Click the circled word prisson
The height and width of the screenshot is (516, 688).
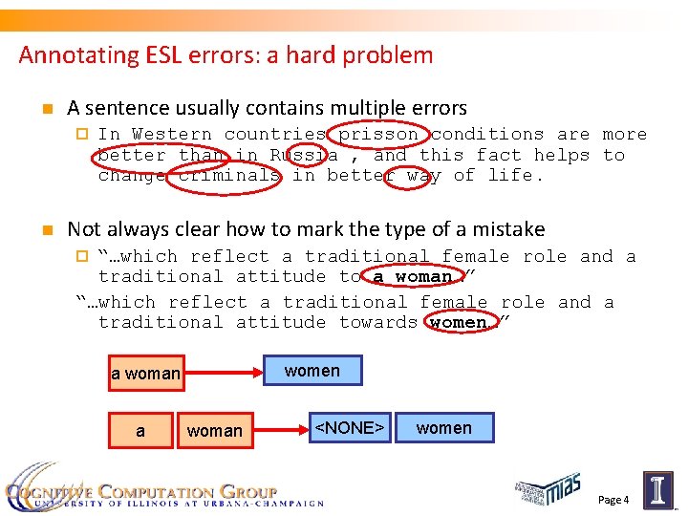tap(377, 135)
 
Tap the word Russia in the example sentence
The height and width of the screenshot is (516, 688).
tap(303, 155)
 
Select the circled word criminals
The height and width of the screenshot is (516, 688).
tap(229, 175)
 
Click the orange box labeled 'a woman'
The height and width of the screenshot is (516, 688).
tap(145, 373)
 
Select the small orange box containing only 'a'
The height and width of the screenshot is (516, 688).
tap(140, 431)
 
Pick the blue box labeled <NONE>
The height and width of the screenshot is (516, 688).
tap(349, 428)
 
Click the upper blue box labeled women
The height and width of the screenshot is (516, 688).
tap(312, 370)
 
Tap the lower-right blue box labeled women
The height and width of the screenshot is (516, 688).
tap(444, 428)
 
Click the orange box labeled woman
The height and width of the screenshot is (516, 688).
tap(215, 431)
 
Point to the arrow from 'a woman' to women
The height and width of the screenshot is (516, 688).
tap(223, 372)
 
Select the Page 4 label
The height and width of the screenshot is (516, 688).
tap(613, 500)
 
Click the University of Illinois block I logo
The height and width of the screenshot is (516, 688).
tap(657, 488)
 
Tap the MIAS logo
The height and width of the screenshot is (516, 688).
tap(548, 489)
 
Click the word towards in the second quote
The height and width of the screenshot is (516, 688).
tap(378, 322)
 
